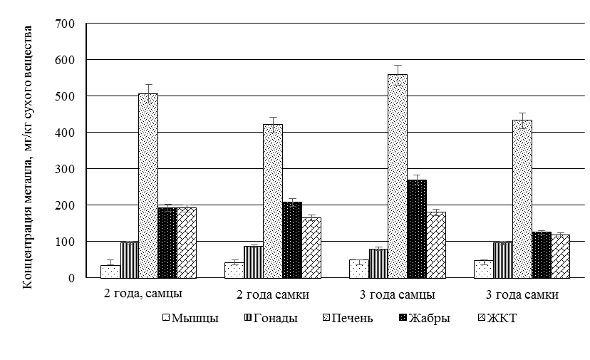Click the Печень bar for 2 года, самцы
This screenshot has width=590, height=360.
click(148, 185)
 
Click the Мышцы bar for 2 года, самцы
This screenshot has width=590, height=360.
click(110, 272)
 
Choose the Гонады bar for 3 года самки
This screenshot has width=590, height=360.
click(503, 260)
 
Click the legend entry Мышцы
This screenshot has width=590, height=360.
click(189, 318)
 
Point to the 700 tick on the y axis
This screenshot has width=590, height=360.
click(66, 24)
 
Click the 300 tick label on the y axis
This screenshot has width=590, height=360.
click(66, 169)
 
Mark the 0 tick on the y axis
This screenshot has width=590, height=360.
click(72, 278)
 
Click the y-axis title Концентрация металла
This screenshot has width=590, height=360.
click(29, 157)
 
